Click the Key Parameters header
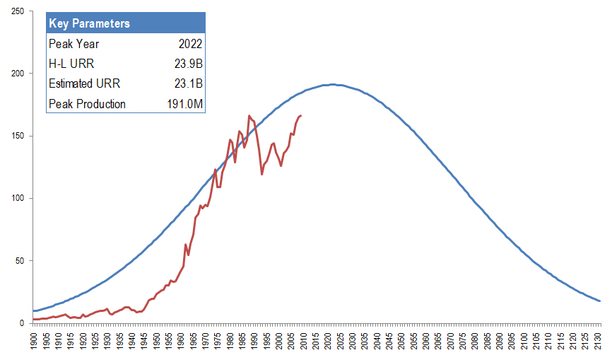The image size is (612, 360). pos(90,23)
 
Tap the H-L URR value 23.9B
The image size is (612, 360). pos(189,64)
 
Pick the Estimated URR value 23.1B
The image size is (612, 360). pos(189,83)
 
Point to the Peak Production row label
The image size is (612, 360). pos(87,104)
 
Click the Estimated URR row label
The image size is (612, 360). pos(84,83)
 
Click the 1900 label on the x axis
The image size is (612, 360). pos(34,338)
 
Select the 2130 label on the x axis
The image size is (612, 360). pos(600,338)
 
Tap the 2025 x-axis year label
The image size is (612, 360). pos(341,338)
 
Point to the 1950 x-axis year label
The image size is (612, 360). pos(157,338)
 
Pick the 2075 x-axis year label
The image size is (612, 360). pos(464,338)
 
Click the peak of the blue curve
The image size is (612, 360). pos(333,85)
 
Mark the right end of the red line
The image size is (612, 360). pos(301,115)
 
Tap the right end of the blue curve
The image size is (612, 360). pos(600,301)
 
